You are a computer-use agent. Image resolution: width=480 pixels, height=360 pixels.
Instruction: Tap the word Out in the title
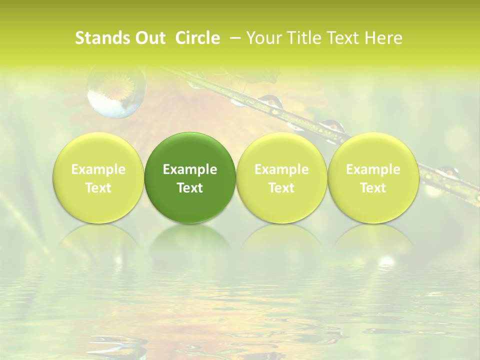coord(148,38)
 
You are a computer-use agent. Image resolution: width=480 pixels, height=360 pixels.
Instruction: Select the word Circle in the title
coord(197,38)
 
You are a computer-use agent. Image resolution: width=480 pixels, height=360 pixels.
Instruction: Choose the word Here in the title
coord(383,38)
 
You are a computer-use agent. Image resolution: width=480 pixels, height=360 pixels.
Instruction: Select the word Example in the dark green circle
coord(190,169)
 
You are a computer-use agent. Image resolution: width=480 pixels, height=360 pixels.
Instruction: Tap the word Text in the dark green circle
coord(190,188)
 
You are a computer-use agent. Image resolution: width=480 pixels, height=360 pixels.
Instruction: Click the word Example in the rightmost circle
coord(373,169)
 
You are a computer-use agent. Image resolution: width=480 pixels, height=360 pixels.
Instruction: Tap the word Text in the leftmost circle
coord(98,188)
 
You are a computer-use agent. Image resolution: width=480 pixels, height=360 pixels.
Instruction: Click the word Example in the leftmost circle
coord(98,169)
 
